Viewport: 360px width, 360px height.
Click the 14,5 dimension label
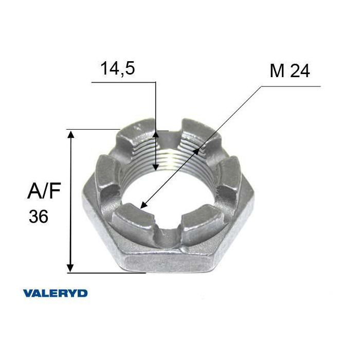pyautogui.click(x=118, y=68)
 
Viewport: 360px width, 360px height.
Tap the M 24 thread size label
pyautogui.click(x=290, y=71)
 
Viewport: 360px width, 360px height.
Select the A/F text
pyautogui.click(x=44, y=190)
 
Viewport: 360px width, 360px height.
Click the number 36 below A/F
pyautogui.click(x=39, y=217)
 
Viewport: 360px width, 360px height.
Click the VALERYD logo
pyautogui.click(x=56, y=294)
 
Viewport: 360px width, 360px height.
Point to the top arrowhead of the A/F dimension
pyautogui.click(x=70, y=134)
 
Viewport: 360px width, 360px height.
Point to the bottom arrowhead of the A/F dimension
pyautogui.click(x=70, y=268)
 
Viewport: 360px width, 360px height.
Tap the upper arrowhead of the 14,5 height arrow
pyautogui.click(x=156, y=135)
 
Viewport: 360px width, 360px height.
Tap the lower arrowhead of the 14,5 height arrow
pyautogui.click(x=156, y=167)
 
